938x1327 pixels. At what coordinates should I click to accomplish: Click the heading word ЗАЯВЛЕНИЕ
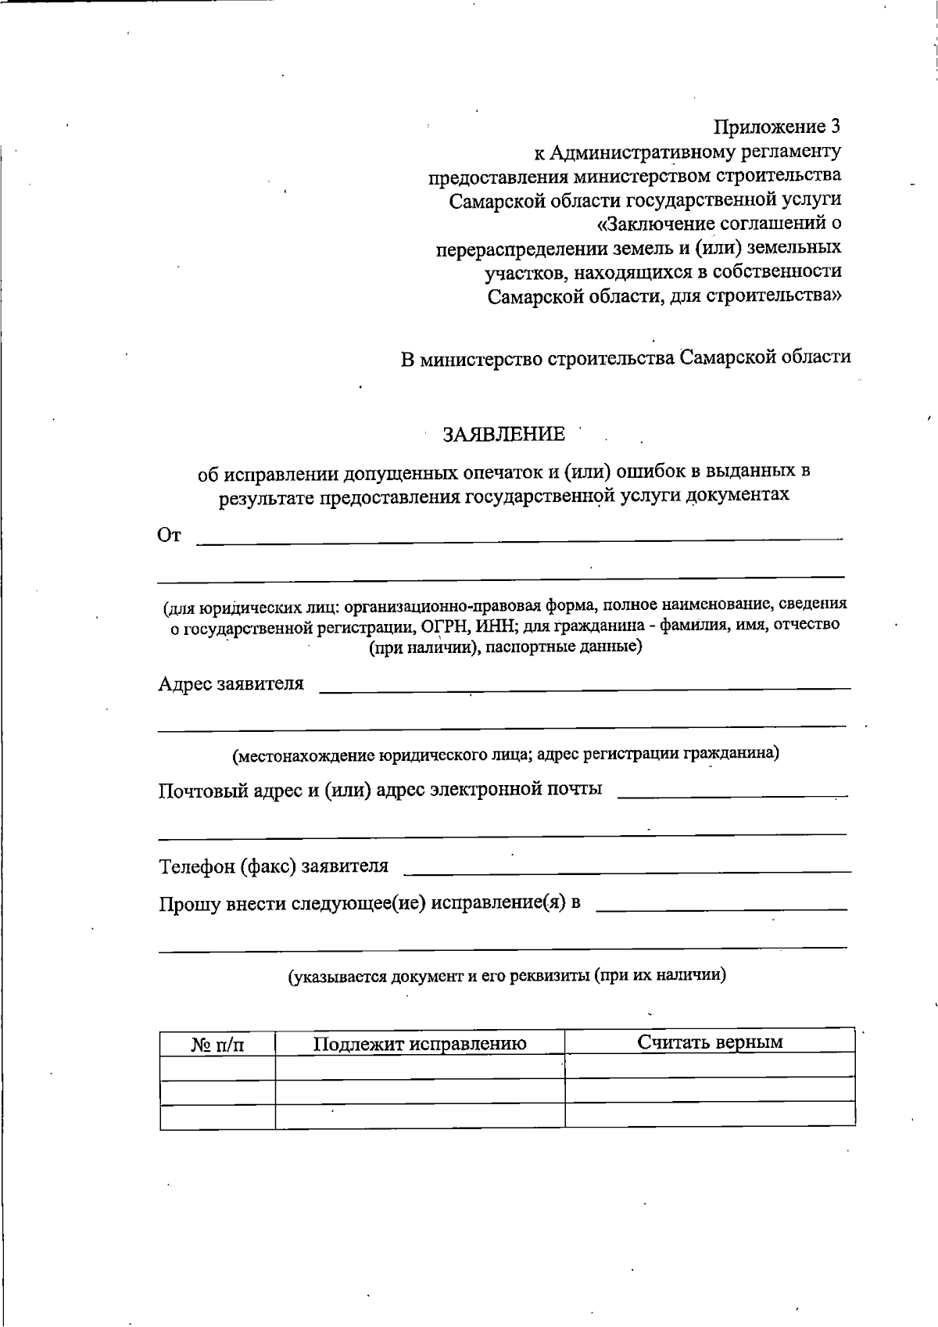click(x=503, y=434)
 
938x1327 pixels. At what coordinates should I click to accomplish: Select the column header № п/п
click(x=217, y=1045)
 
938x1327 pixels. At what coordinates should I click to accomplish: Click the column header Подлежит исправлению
click(x=420, y=1043)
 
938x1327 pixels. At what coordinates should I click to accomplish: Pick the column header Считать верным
click(x=710, y=1042)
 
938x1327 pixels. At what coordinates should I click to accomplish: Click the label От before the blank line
click(x=170, y=535)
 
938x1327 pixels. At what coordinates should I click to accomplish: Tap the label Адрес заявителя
click(x=231, y=684)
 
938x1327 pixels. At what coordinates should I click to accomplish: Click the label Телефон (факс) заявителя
click(x=274, y=866)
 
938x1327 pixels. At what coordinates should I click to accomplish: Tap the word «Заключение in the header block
click(x=653, y=224)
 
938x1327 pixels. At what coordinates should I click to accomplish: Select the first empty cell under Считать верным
click(x=710, y=1065)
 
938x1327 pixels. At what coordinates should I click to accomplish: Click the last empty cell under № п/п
click(x=217, y=1116)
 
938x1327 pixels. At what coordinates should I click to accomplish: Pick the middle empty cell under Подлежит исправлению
click(x=420, y=1091)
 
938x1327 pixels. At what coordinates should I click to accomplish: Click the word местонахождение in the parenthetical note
click(x=306, y=755)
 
